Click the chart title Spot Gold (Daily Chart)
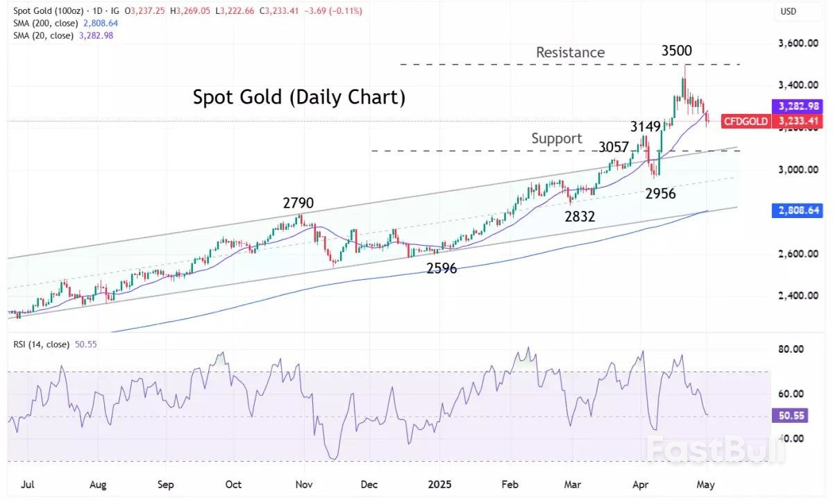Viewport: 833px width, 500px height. (298, 97)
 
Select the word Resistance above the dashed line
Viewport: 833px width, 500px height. (570, 52)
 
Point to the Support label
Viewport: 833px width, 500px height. (557, 138)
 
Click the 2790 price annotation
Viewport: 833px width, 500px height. (298, 203)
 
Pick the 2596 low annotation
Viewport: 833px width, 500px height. (441, 268)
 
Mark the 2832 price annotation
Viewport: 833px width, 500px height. (580, 216)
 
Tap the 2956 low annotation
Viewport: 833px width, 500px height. (661, 194)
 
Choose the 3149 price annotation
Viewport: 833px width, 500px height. (645, 126)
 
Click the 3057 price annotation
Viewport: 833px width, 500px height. (614, 148)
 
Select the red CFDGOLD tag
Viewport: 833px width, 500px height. (746, 122)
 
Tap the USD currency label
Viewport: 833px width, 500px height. (789, 11)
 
